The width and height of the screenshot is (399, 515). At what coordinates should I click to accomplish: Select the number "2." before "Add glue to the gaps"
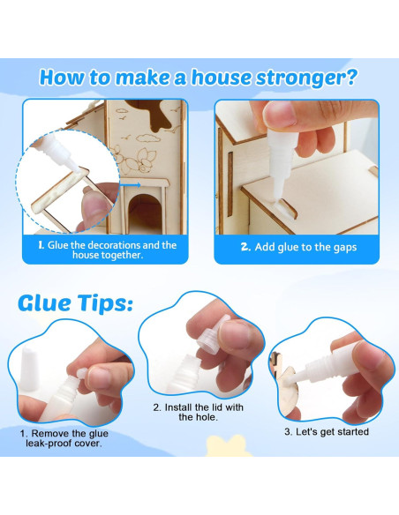tap(246, 247)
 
